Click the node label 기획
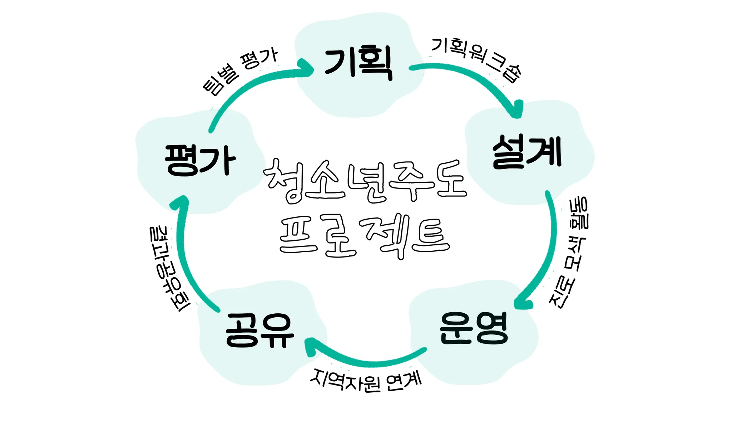tap(358, 63)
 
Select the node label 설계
tap(527, 152)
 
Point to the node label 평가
tap(200, 160)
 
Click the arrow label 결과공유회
tap(168, 268)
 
